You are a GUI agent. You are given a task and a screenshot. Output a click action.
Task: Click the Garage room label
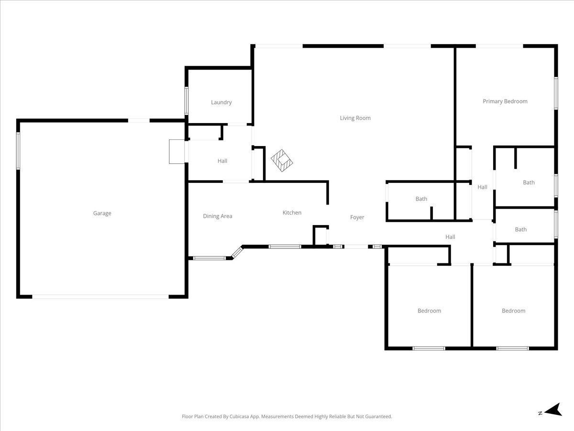(x=102, y=213)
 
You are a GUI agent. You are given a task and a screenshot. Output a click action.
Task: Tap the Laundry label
(x=221, y=102)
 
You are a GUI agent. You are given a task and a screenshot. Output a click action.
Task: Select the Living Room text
(x=355, y=118)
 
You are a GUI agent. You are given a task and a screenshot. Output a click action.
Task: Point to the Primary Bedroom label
(x=505, y=102)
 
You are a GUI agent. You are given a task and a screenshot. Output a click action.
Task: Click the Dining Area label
(x=218, y=216)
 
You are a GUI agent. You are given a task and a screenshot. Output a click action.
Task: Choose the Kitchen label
(x=292, y=213)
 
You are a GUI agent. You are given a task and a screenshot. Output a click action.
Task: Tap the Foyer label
(x=357, y=217)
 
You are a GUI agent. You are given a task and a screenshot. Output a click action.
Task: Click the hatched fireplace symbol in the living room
(x=282, y=160)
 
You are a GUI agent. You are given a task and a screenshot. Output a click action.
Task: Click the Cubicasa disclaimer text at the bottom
(x=287, y=416)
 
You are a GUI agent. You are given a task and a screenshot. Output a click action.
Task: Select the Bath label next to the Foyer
(x=421, y=199)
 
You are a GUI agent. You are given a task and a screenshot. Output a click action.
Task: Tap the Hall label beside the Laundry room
(x=222, y=161)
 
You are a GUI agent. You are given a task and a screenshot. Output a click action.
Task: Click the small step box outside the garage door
(x=177, y=151)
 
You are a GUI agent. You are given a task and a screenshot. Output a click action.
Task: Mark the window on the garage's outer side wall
(x=18, y=151)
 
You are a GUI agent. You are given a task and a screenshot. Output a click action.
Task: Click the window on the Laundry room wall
(x=187, y=101)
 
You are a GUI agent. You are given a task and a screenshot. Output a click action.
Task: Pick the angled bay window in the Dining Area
(x=237, y=253)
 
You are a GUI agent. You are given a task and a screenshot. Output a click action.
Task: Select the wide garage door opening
(x=100, y=297)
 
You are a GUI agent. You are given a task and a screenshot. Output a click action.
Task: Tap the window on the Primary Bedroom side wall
(x=556, y=93)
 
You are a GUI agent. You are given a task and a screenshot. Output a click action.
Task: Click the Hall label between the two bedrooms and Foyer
(x=450, y=237)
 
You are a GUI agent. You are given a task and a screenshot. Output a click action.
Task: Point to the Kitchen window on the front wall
(x=285, y=247)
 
